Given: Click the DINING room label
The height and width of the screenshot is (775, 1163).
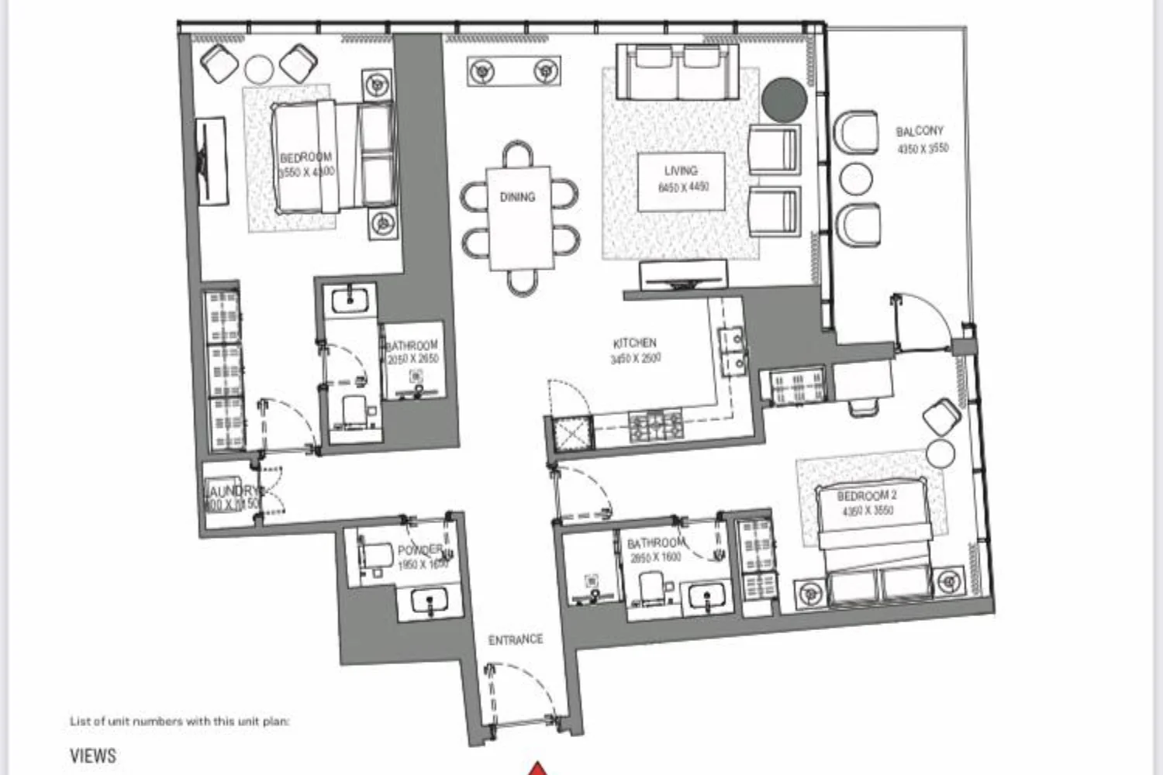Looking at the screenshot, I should tap(517, 198).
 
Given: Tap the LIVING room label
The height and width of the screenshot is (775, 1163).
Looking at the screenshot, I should tap(681, 170).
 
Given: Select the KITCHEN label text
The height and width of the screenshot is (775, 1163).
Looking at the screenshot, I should tap(635, 343).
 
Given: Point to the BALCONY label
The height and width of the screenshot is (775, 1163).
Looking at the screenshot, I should tap(920, 132).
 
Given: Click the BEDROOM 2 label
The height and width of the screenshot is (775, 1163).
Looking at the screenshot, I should tap(867, 496).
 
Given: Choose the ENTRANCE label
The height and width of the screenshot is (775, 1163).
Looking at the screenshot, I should tap(516, 640).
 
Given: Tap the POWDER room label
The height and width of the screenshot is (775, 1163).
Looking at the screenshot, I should tap(419, 550).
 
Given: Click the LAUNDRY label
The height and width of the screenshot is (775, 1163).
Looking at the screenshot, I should tap(233, 491).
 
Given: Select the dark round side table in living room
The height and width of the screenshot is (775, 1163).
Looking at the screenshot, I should tap(784, 99).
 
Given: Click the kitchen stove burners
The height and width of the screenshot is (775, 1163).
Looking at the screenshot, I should tap(656, 424).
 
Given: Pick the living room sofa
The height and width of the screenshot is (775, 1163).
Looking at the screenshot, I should tap(677, 71).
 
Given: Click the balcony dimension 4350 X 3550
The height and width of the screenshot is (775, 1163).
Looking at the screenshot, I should tap(922, 149).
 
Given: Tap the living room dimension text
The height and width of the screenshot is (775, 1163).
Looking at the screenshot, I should tap(683, 187).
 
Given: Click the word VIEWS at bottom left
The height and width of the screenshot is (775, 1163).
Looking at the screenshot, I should tap(93, 756).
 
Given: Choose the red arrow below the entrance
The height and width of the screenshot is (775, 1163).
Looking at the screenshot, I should tap(537, 769).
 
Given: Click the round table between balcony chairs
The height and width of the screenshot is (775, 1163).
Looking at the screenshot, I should tap(856, 179).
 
